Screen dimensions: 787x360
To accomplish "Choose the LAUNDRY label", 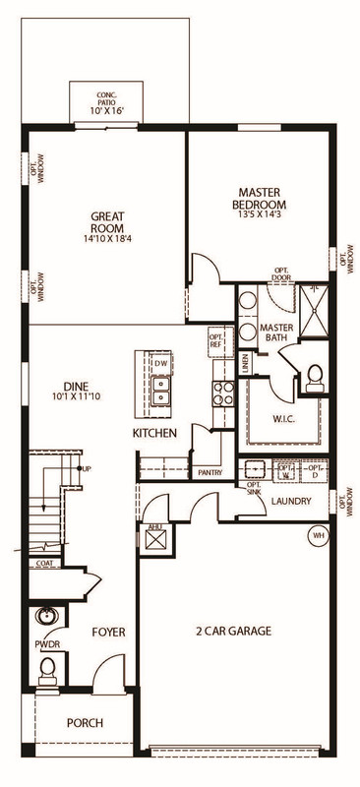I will tap(291, 502).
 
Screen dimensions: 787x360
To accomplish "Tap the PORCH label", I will tap(85, 723).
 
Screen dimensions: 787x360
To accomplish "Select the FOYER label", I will tap(108, 632).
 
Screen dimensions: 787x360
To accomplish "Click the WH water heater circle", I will tap(318, 535).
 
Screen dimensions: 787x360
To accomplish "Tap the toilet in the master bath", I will tap(315, 375).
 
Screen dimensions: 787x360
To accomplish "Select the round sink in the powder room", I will tap(44, 618).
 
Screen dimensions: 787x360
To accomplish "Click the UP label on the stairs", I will tap(88, 468).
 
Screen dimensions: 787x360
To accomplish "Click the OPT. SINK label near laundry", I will tap(254, 489).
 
